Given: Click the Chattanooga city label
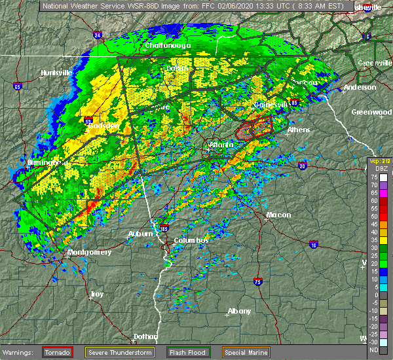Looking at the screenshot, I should (x=168, y=45).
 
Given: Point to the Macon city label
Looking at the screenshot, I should (x=278, y=215).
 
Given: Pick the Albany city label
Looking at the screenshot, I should (x=238, y=311).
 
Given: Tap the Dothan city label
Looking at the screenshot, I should (x=145, y=336).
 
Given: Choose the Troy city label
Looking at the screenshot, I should (x=96, y=294).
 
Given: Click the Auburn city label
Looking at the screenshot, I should (x=140, y=234).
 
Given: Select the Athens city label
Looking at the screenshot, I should (x=299, y=130).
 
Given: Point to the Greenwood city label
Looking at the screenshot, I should (x=371, y=112).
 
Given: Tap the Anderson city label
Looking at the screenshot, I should (x=360, y=87).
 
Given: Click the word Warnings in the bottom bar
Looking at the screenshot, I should (x=20, y=352).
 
